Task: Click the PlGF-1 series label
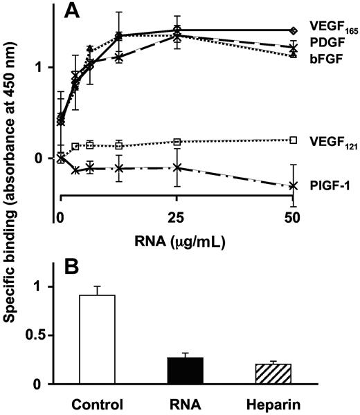pos(324,186)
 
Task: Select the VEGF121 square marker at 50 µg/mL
pos(294,140)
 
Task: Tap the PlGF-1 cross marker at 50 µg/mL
pos(294,185)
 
